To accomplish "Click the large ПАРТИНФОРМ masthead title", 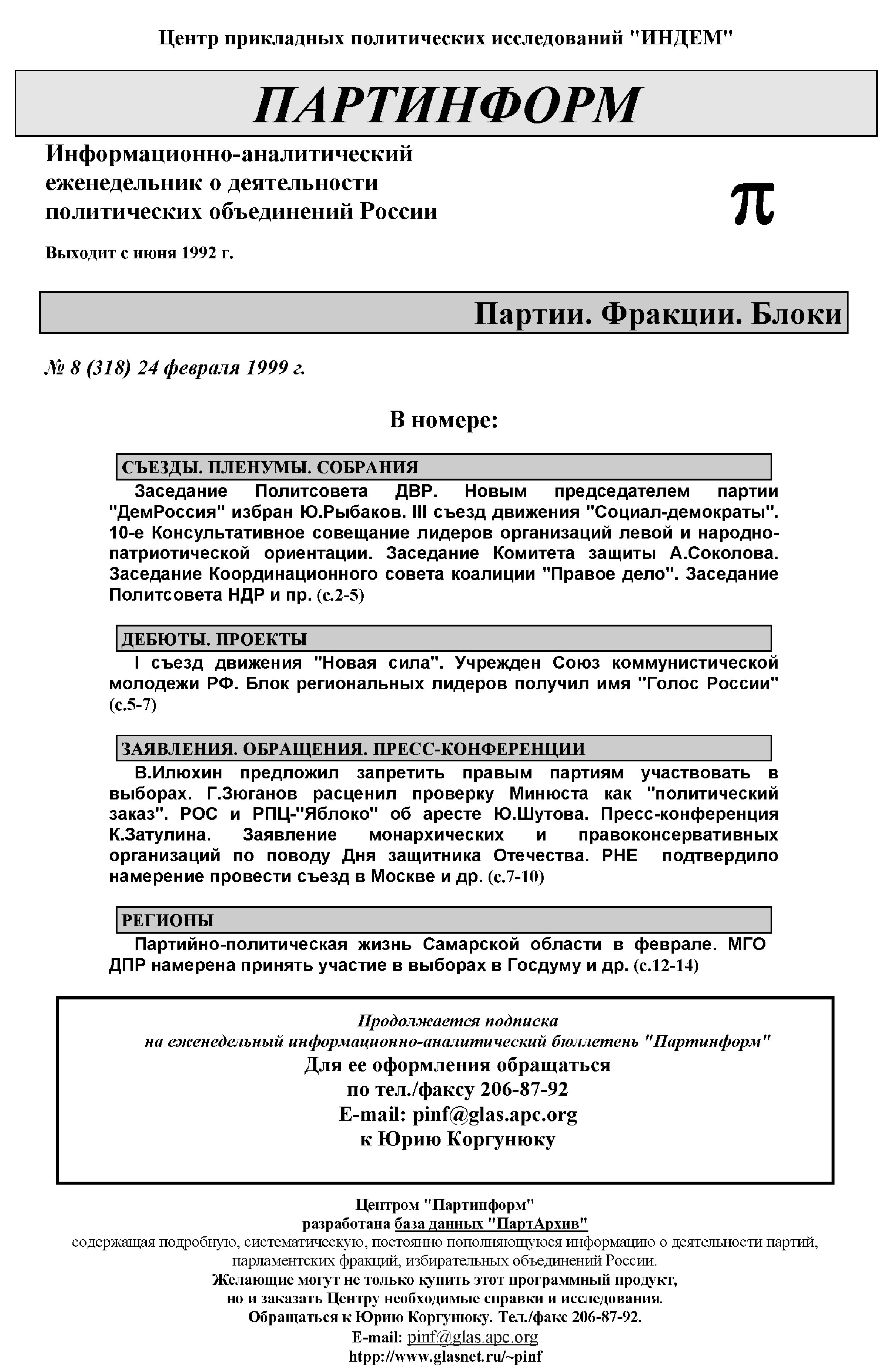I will [x=446, y=105].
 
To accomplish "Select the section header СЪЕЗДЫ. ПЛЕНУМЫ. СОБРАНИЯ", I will [x=269, y=467].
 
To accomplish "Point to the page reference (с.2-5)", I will [x=340, y=595].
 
